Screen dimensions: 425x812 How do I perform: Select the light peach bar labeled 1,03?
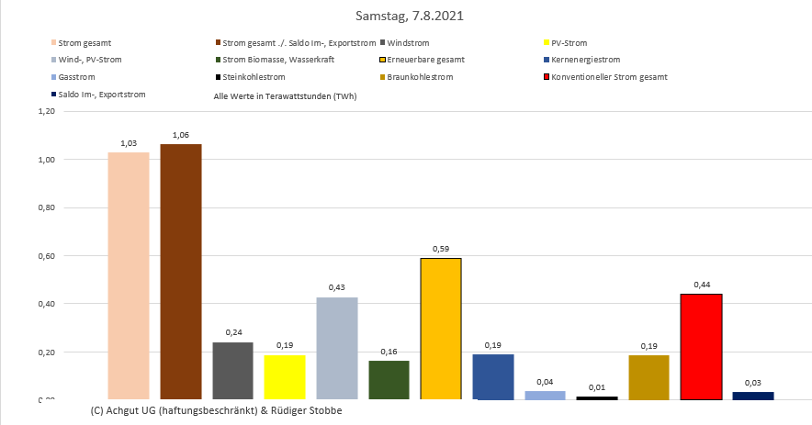tap(129, 275)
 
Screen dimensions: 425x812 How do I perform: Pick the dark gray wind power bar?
tap(232, 371)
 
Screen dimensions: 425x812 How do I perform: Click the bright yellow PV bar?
tap(284, 376)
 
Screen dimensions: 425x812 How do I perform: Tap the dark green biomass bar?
tap(389, 380)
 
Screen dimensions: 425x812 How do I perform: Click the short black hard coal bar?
tap(597, 397)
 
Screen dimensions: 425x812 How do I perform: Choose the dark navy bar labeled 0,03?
tap(753, 396)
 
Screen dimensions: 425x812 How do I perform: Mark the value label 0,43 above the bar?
tap(336, 288)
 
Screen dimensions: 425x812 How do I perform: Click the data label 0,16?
tap(389, 352)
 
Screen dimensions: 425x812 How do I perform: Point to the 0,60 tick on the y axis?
tap(45, 256)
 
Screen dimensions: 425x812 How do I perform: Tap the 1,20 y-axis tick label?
tap(45, 111)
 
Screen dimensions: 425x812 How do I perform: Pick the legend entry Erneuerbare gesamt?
tap(425, 60)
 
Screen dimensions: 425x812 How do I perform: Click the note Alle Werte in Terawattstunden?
tap(285, 95)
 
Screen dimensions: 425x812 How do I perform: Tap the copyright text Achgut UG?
tap(216, 410)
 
